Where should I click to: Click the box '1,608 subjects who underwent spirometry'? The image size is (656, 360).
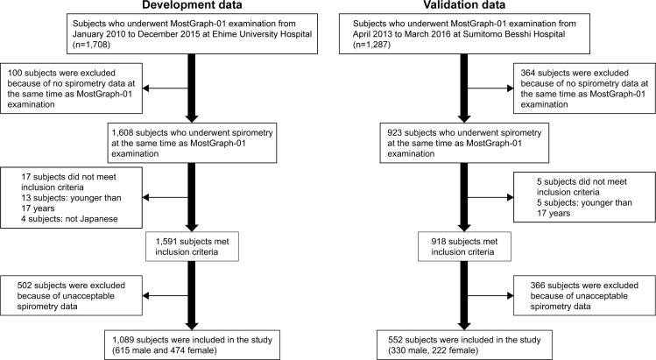188,141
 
